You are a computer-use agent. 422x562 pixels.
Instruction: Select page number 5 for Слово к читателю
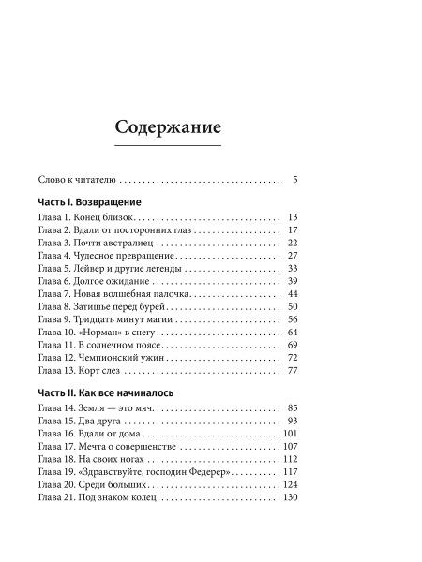click(x=294, y=177)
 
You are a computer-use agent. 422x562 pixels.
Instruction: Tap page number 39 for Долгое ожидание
click(x=292, y=281)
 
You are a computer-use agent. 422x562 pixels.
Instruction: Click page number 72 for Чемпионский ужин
click(x=292, y=358)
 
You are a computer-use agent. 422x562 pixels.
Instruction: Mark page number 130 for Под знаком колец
click(x=289, y=498)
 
